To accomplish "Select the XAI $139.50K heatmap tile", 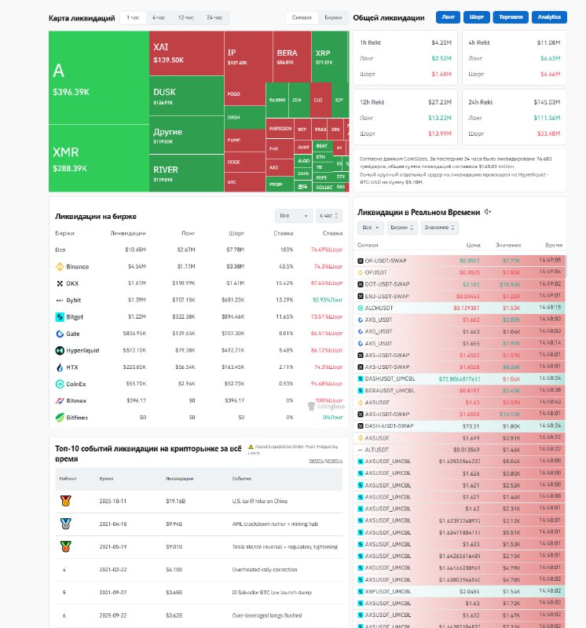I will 185,53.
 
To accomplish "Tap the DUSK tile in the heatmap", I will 185,96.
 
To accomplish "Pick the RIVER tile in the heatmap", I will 185,173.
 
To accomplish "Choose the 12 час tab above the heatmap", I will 186,17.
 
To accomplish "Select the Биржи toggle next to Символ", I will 333,17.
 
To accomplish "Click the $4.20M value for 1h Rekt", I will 441,42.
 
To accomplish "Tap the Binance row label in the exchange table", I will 78,267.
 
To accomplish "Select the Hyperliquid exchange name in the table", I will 82,350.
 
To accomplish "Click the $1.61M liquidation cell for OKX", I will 135,283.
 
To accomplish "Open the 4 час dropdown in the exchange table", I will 329,215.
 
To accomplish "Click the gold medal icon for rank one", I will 65,500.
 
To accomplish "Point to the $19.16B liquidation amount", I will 174,500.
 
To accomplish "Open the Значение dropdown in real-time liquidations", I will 440,228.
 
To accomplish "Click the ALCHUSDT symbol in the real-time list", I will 386,308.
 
